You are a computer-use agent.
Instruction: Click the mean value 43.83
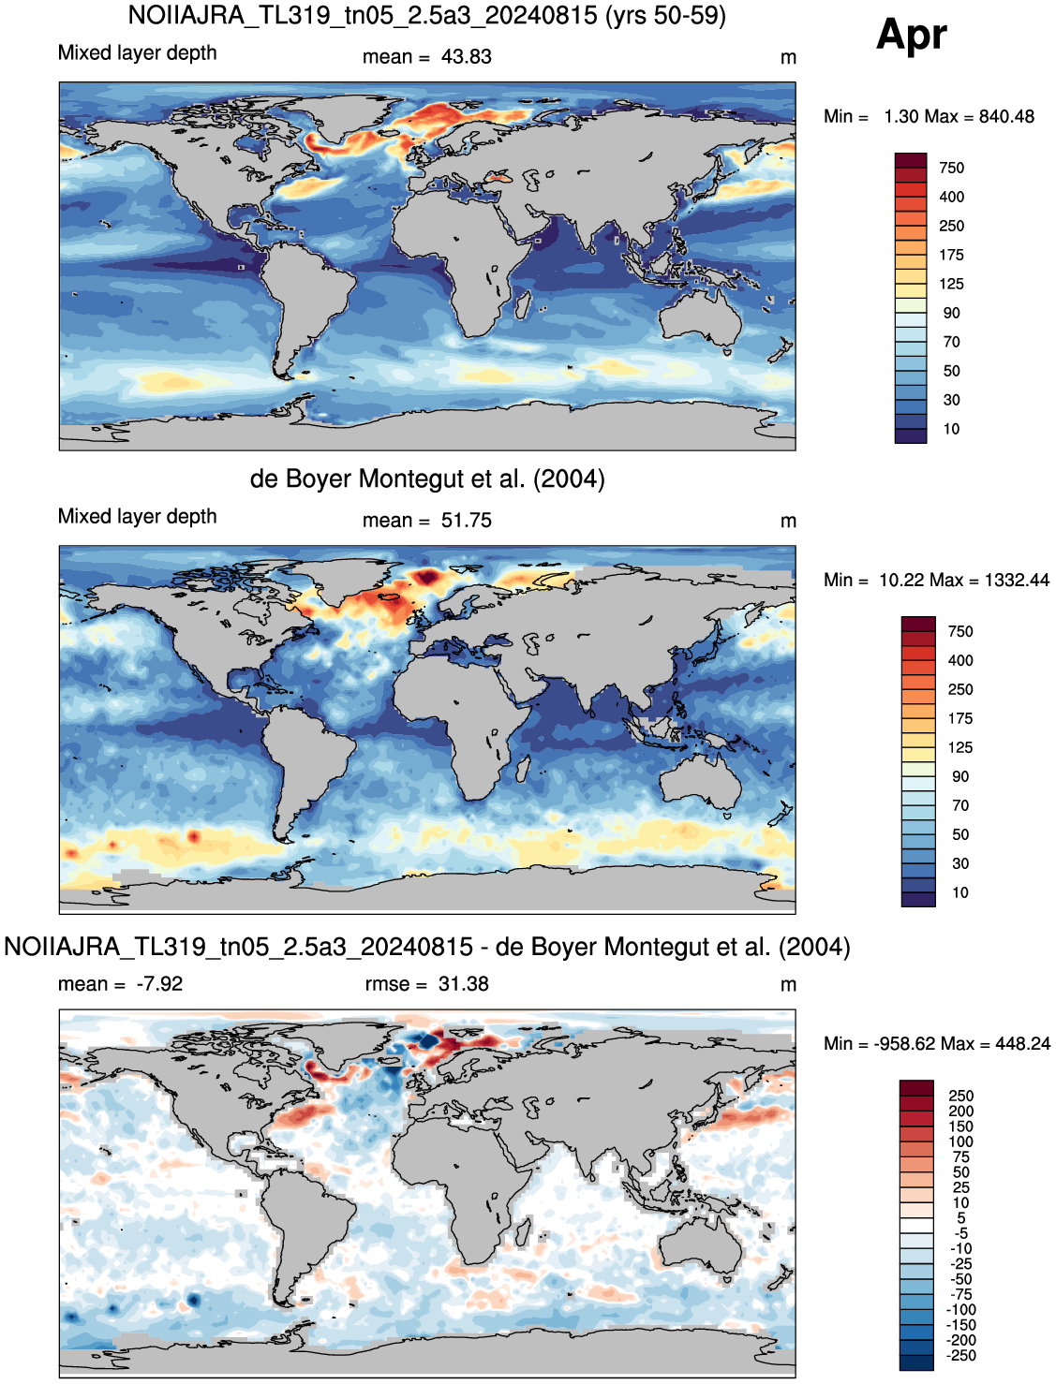pos(466,57)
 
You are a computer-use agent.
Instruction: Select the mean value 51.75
pos(466,521)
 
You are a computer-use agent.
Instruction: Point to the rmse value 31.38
pos(463,983)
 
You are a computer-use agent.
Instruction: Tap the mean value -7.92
pos(159,983)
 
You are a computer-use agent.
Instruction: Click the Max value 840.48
pos(1006,117)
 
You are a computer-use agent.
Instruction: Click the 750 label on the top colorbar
pos(951,168)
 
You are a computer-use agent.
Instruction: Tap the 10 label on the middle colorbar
pos(959,892)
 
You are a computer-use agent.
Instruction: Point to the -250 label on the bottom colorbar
pos(960,1355)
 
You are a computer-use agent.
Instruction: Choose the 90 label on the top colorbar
pos(951,313)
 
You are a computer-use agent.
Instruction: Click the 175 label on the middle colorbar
pos(960,718)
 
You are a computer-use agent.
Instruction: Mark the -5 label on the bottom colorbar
pos(961,1233)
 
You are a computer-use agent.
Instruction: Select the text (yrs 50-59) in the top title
pos(665,15)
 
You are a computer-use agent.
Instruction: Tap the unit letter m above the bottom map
pos(788,985)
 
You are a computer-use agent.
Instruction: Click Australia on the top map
pos(699,318)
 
